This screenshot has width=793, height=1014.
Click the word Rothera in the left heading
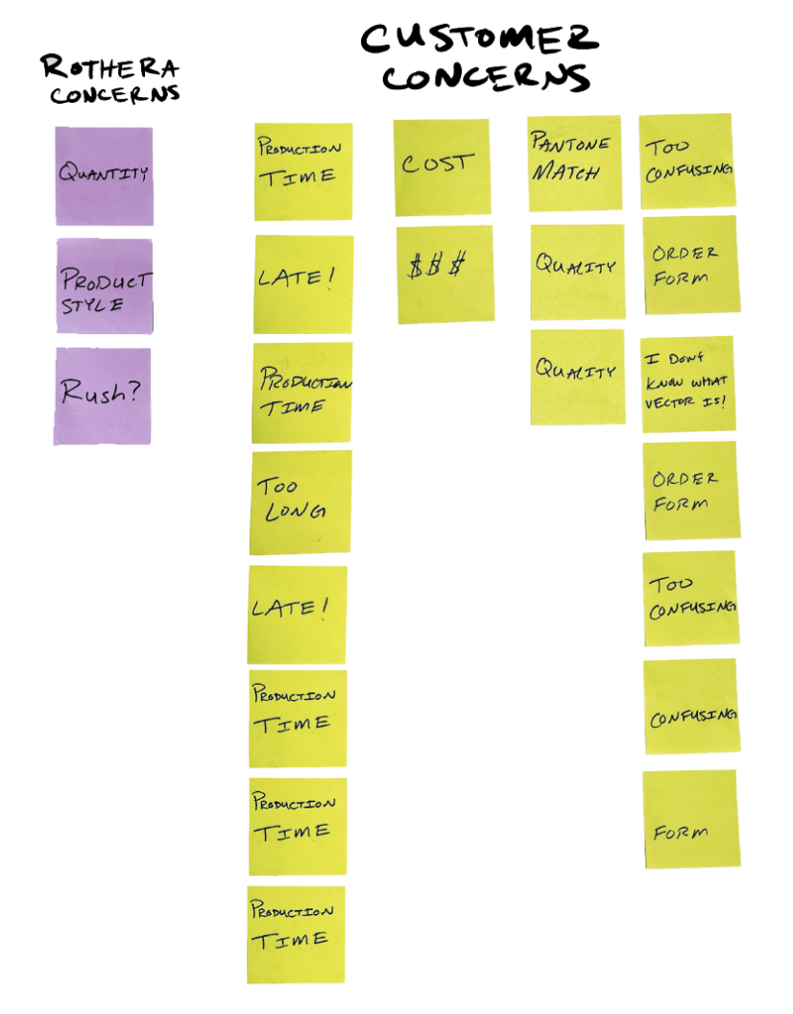108,69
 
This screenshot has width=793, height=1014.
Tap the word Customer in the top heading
479,39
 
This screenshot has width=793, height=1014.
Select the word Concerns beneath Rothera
114,94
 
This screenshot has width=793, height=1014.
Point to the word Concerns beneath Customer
485,77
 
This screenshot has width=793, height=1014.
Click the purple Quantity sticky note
104,176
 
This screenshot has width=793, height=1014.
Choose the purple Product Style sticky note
104,285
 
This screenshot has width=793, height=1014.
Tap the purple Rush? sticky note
103,396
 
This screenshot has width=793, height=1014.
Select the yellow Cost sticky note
442,166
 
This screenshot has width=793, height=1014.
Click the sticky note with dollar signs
445,274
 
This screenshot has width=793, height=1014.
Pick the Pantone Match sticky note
574,163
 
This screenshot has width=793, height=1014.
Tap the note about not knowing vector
687,384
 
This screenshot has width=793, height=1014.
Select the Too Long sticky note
300,502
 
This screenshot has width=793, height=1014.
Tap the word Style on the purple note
92,305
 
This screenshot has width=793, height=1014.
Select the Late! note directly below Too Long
298,615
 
